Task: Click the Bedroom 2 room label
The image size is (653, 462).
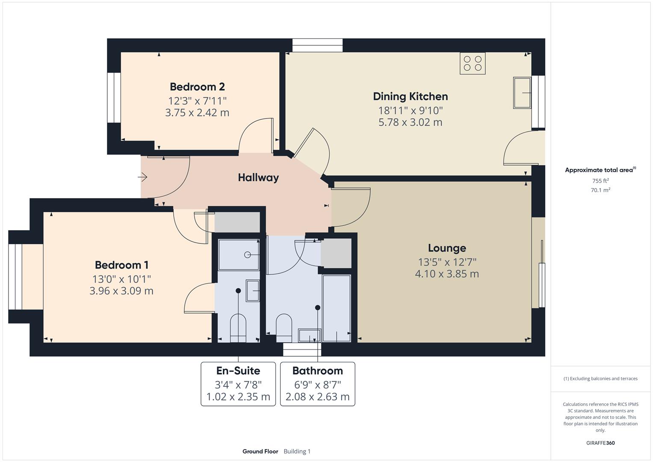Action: (x=198, y=86)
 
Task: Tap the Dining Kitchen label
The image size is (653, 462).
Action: (x=411, y=97)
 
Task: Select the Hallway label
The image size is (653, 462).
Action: (x=258, y=178)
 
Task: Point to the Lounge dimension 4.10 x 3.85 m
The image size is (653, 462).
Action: (x=447, y=274)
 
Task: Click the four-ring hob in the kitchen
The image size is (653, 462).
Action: (x=473, y=63)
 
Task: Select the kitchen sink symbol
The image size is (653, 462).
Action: (x=522, y=93)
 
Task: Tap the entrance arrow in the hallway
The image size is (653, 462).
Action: (x=142, y=177)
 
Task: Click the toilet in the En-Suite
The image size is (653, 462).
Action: (x=238, y=328)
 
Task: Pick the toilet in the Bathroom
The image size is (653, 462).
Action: (x=284, y=328)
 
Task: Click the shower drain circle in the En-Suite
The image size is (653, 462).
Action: (x=248, y=255)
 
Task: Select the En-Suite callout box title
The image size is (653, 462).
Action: (x=238, y=371)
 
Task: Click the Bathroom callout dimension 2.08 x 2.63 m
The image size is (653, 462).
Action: (x=317, y=397)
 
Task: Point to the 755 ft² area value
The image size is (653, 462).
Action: (x=600, y=181)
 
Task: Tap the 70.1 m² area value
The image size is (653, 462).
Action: (x=600, y=190)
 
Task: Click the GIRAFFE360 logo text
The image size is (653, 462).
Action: (x=600, y=443)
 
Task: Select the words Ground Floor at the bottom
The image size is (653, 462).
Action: (x=260, y=451)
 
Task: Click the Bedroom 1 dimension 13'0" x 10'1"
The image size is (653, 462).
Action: (x=121, y=279)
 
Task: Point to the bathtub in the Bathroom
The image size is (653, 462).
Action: (x=337, y=308)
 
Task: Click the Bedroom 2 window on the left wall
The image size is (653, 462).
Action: (x=114, y=98)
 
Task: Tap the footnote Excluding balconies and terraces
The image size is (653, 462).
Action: (x=600, y=379)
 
